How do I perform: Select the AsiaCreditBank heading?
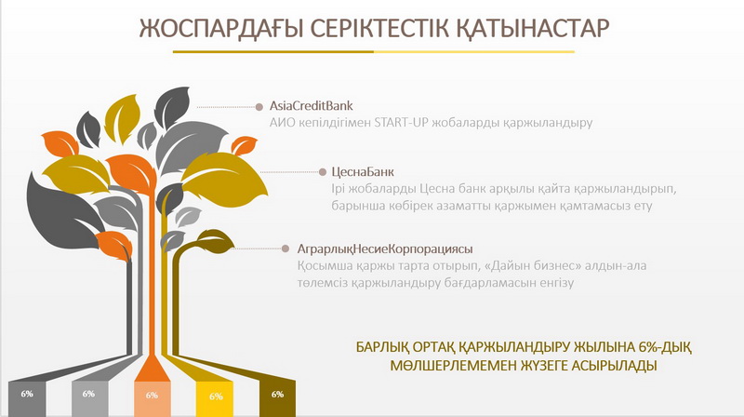point(312,105)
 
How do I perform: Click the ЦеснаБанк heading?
point(363,172)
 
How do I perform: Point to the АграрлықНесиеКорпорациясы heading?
point(385,249)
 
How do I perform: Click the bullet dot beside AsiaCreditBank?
point(259,107)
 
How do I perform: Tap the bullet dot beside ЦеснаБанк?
point(323,172)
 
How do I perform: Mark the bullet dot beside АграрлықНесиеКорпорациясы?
point(286,249)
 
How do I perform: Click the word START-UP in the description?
point(401,123)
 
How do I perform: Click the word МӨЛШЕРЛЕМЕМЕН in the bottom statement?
point(453,366)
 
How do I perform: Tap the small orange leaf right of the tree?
point(244,145)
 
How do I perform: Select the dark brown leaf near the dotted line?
point(214,239)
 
